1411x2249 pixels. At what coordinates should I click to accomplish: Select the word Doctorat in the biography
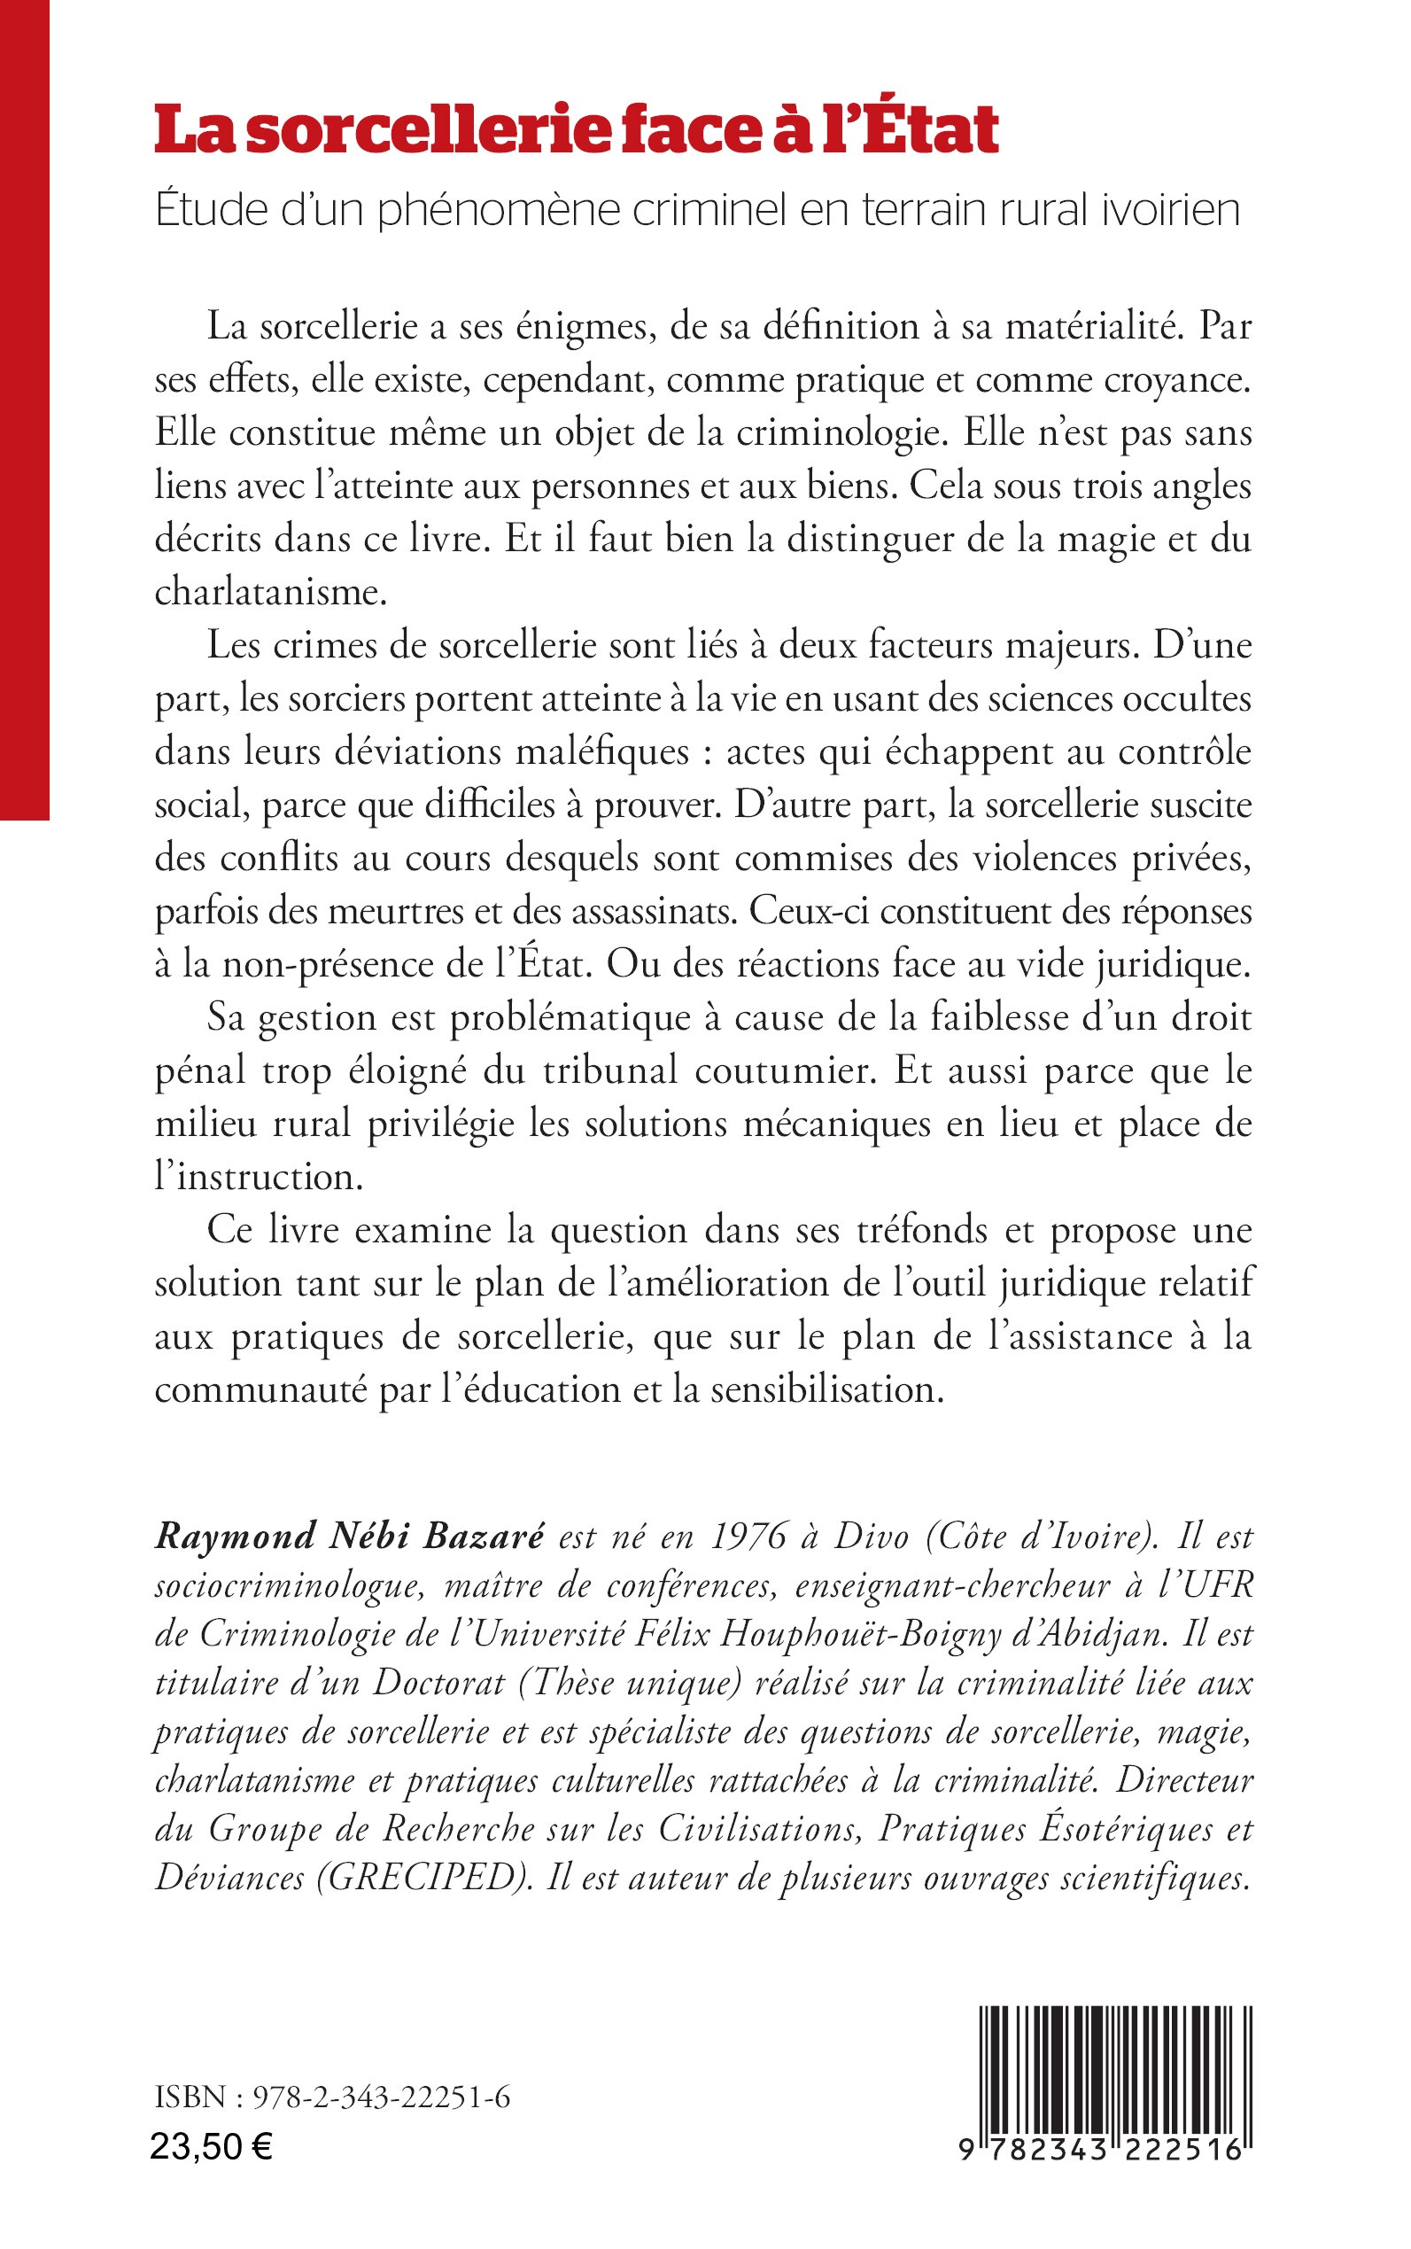[x=439, y=1682]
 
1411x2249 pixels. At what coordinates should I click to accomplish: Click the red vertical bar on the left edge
[x=24, y=411]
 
